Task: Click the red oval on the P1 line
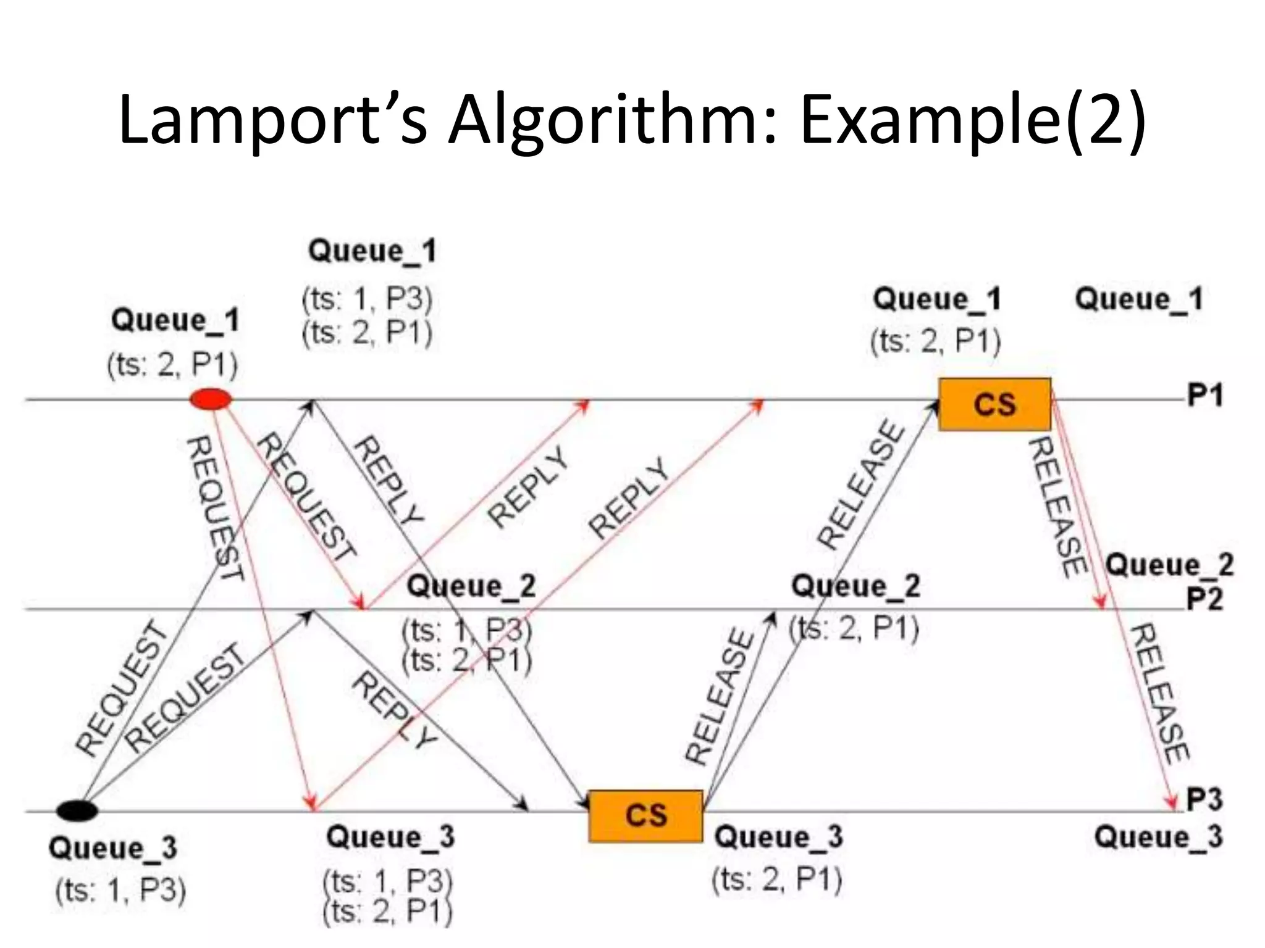(x=211, y=399)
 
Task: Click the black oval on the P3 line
(x=77, y=810)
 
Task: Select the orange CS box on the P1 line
(x=994, y=404)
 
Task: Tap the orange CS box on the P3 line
(x=645, y=815)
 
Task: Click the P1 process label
(x=1204, y=396)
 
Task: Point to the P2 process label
(x=1204, y=599)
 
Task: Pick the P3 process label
(x=1204, y=800)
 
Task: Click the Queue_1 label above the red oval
(x=175, y=321)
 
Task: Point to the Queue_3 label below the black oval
(x=113, y=848)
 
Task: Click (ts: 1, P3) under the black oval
(x=121, y=891)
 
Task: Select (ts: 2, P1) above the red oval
(x=172, y=365)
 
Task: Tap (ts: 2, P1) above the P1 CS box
(x=935, y=341)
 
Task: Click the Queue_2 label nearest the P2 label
(x=1169, y=565)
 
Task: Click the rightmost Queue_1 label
(x=1139, y=299)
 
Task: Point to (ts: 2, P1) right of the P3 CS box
(x=777, y=879)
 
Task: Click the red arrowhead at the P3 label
(x=1171, y=802)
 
